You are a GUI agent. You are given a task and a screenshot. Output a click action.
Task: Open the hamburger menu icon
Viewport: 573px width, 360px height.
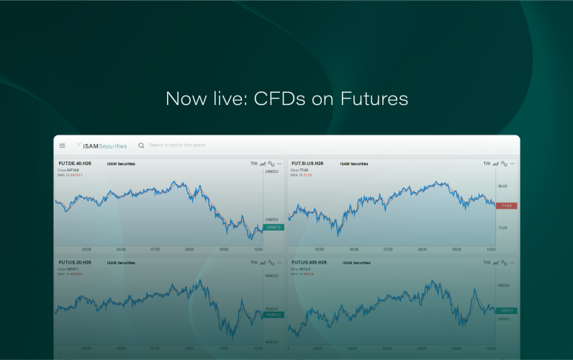(x=62, y=145)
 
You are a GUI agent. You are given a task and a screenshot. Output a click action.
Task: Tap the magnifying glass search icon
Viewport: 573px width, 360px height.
(x=141, y=145)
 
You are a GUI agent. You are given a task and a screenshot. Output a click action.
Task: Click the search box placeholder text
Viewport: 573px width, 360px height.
(x=177, y=145)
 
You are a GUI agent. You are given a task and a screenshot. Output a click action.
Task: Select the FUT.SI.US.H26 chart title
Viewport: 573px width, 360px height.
(x=307, y=163)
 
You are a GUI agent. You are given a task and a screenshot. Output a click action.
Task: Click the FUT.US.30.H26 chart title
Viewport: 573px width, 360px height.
(x=75, y=263)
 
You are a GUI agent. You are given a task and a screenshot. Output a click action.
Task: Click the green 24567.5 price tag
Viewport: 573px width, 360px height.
(x=274, y=228)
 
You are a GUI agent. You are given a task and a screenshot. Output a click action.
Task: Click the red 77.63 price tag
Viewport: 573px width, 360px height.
(x=506, y=206)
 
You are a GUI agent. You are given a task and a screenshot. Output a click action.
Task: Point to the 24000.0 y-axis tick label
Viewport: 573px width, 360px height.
(x=272, y=172)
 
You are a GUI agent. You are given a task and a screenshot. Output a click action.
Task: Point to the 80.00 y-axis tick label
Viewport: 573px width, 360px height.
(x=502, y=186)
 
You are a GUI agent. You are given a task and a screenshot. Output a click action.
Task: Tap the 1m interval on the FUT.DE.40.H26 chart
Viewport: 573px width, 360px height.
(x=253, y=163)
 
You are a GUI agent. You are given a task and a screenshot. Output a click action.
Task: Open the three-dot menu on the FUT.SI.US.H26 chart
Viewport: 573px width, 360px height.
(x=513, y=163)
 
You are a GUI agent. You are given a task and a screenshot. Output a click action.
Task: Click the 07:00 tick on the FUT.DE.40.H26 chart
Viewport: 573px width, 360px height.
(x=155, y=250)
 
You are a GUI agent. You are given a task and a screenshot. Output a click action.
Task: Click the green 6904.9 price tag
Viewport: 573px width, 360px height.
(x=506, y=310)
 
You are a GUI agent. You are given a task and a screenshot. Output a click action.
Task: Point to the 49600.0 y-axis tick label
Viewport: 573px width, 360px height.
(x=272, y=275)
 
